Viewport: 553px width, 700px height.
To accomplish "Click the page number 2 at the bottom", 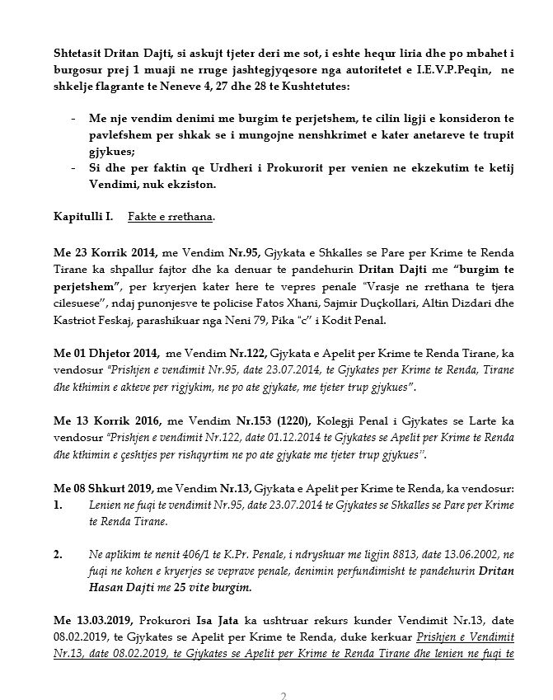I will point(284,695).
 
